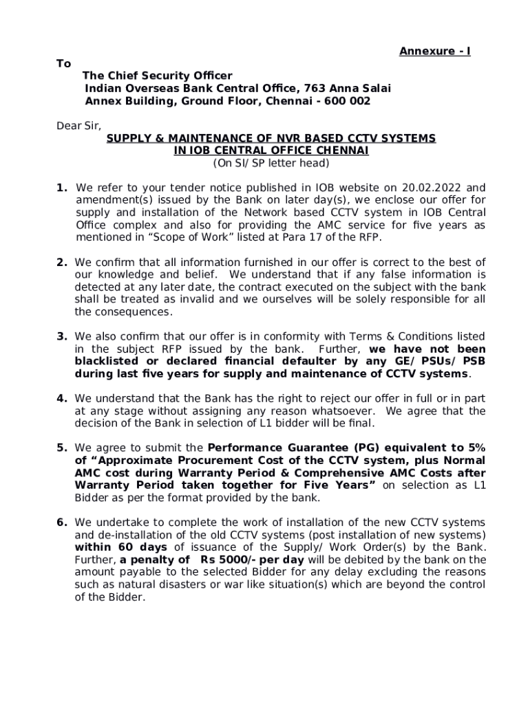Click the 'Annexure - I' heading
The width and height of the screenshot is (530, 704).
click(435, 52)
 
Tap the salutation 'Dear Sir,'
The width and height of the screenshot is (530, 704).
click(78, 126)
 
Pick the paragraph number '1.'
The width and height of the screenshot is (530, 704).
click(62, 187)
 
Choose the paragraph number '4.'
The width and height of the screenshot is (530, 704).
click(62, 398)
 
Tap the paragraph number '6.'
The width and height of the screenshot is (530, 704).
click(62, 522)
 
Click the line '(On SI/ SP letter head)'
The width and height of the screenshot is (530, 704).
click(271, 163)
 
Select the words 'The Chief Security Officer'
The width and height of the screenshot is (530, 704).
click(157, 76)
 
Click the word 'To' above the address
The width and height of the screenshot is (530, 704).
click(63, 63)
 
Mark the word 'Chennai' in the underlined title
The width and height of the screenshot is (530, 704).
click(343, 151)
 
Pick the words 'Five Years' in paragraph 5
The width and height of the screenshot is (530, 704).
click(343, 485)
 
